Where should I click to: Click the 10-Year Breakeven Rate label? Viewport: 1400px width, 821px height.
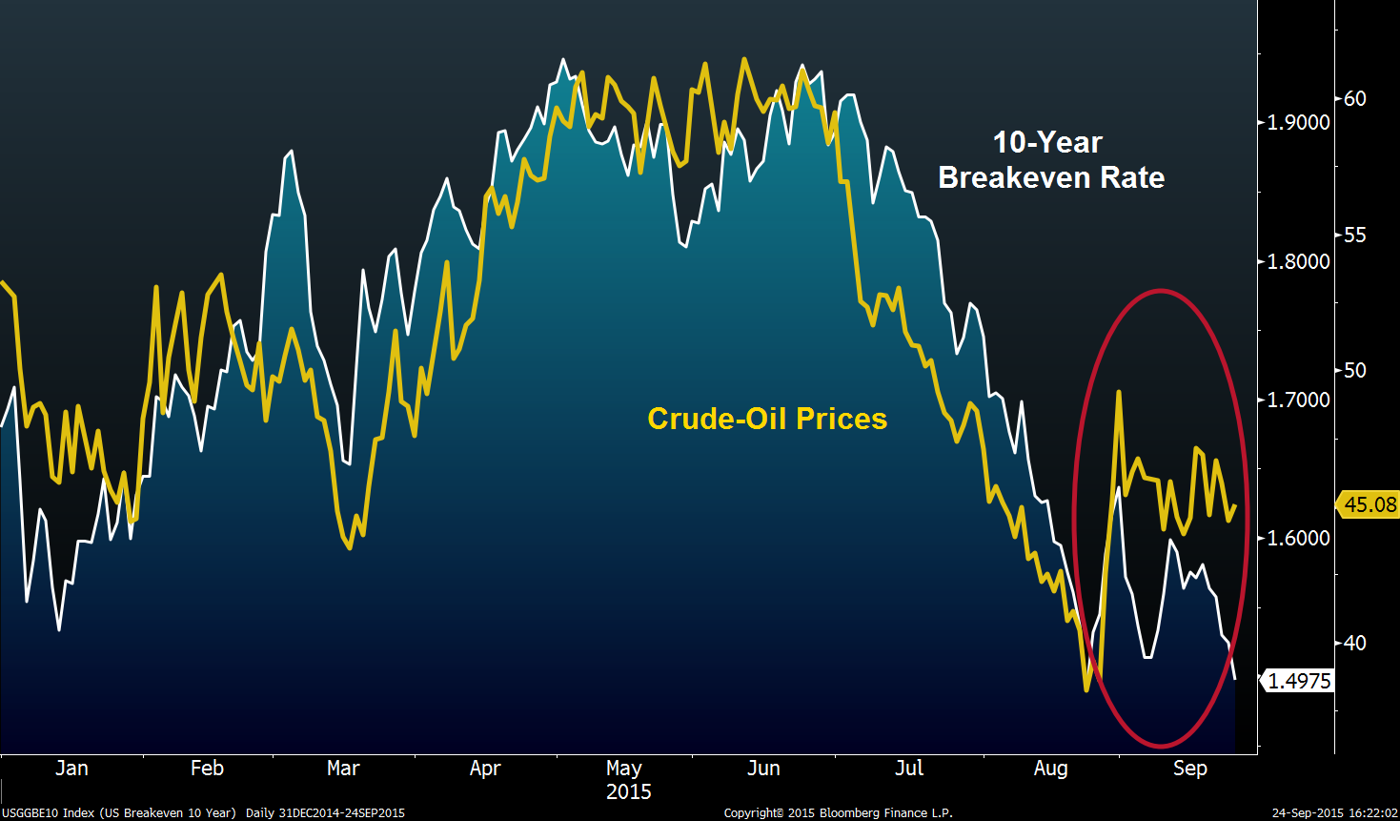(1050, 160)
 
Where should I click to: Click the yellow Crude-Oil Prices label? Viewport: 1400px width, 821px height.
(767, 419)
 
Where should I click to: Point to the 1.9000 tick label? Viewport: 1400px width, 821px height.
(1298, 122)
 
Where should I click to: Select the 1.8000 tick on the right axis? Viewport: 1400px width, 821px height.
(1298, 261)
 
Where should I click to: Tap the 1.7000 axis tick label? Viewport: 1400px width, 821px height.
(1298, 400)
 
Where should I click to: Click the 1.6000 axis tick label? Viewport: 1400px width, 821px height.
(1298, 538)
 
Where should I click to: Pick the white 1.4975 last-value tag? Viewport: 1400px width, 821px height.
(1299, 681)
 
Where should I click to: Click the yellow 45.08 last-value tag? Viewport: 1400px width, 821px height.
(1370, 504)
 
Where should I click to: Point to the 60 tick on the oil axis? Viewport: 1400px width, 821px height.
(1354, 98)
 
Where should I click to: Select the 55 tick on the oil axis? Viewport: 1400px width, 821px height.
(1354, 235)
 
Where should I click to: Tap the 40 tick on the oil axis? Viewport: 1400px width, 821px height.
(1354, 643)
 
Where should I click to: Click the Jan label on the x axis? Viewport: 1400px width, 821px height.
(71, 769)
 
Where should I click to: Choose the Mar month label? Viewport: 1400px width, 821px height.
(343, 769)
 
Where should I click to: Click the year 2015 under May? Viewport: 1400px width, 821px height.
(629, 792)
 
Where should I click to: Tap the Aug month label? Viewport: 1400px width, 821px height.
(1050, 769)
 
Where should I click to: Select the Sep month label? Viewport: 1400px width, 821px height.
(1189, 769)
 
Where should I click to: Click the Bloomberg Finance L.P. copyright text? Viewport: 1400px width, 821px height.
(838, 813)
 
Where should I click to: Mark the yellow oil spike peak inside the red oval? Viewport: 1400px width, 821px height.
(1118, 392)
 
